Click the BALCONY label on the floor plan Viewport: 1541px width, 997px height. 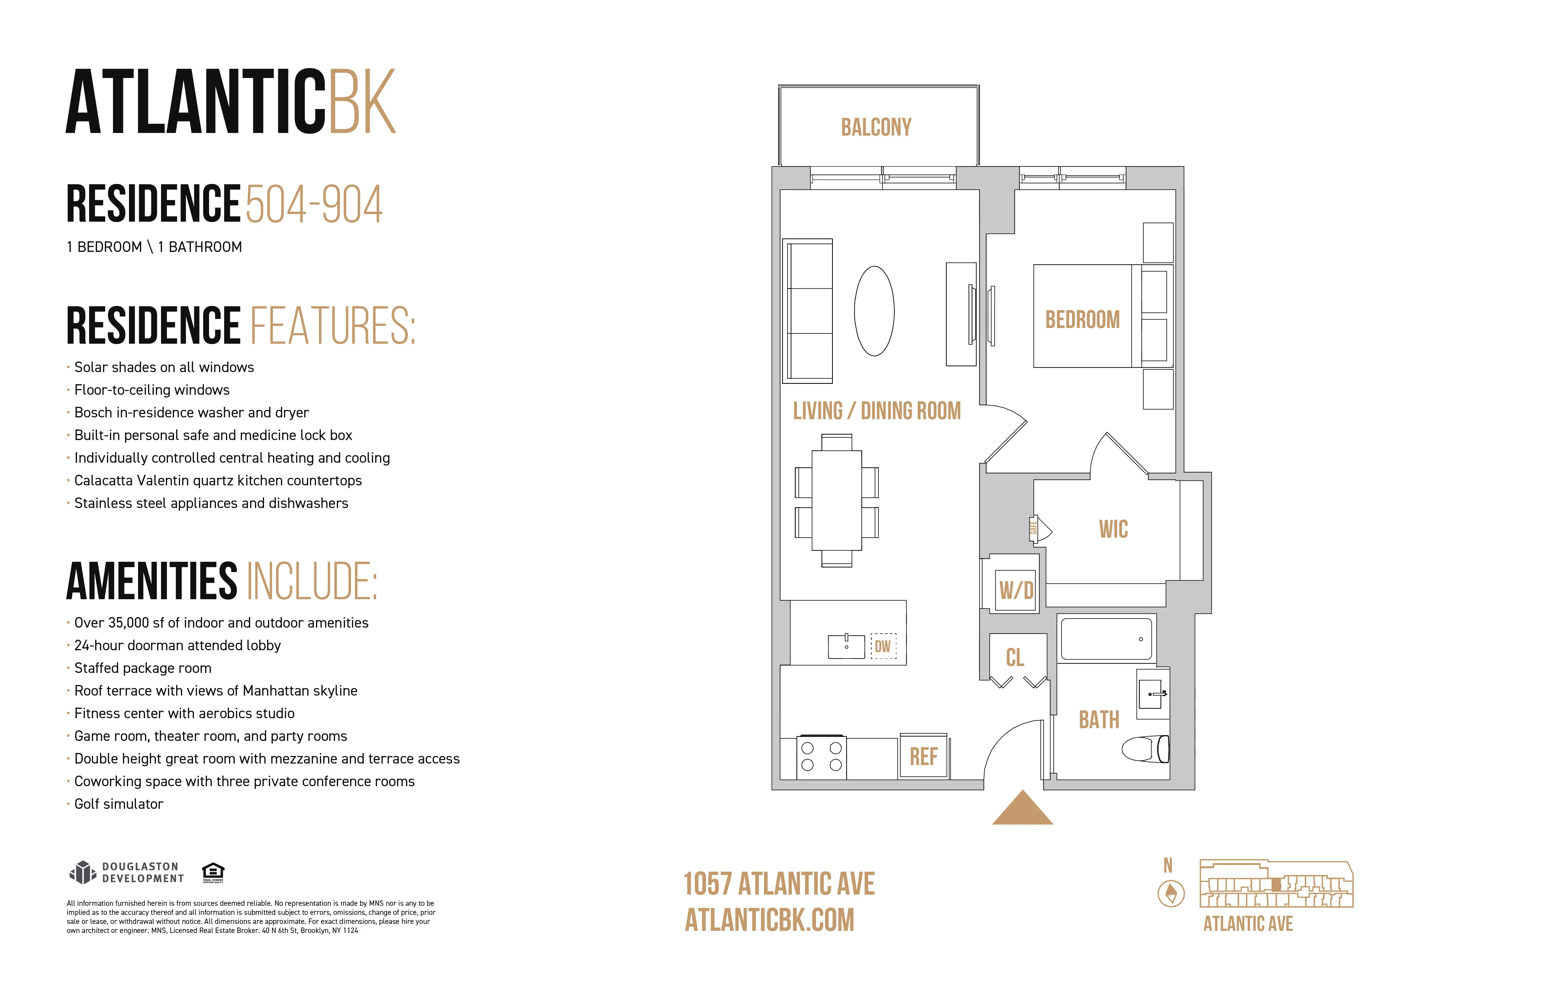(x=876, y=127)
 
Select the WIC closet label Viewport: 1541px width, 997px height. (x=1113, y=529)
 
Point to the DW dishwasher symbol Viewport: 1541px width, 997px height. (x=883, y=646)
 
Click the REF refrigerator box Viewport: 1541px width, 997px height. (x=923, y=756)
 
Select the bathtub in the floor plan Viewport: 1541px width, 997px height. (x=1106, y=639)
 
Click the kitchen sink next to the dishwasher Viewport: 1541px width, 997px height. (x=846, y=646)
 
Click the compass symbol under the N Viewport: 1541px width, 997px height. (x=1171, y=894)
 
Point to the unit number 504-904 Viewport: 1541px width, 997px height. (x=314, y=204)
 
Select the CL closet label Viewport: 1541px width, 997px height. (x=1015, y=658)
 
